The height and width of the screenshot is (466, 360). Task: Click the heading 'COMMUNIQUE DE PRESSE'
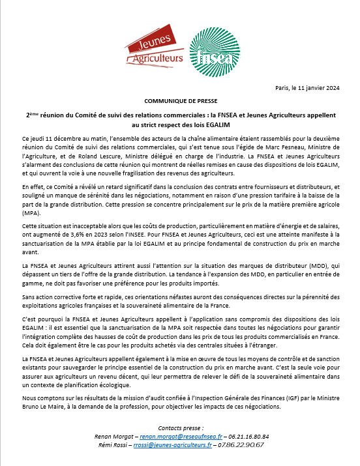pyautogui.click(x=178, y=102)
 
